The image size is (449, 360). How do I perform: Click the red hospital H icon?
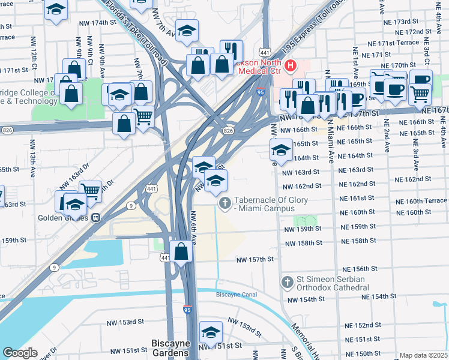291,65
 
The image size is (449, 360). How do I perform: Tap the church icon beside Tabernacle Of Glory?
225,203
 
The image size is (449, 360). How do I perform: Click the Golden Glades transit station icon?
95,218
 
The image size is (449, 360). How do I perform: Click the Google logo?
20,353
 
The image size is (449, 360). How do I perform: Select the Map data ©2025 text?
424,355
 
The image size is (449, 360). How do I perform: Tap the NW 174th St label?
97,22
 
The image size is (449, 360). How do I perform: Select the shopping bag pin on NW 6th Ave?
181,252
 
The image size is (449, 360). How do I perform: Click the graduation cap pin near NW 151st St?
211,332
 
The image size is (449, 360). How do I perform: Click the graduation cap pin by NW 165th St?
281,149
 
